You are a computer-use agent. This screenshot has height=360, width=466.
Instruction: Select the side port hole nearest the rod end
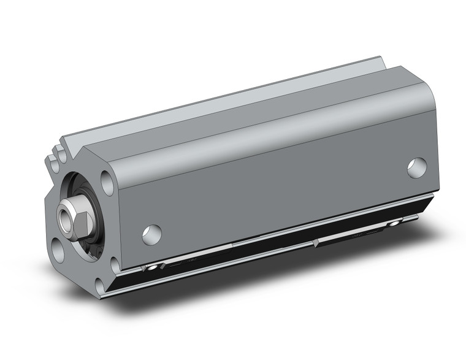pos(151,234)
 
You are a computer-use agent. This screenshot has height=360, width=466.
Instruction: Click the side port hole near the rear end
pos(416,167)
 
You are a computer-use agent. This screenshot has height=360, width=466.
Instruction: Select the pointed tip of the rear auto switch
pos(315,243)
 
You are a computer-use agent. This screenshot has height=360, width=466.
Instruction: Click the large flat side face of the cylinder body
pos(276,184)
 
